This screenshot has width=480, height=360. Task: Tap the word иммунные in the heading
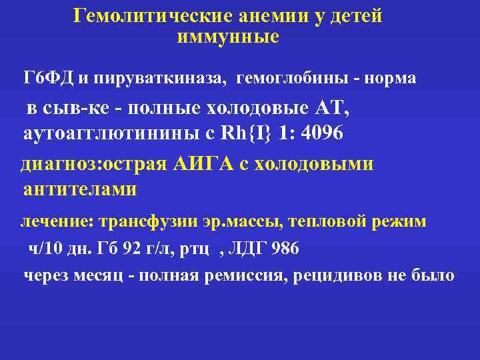click(x=227, y=37)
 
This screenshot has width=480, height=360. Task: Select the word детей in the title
click(x=354, y=15)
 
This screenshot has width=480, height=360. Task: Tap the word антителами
click(x=80, y=189)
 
